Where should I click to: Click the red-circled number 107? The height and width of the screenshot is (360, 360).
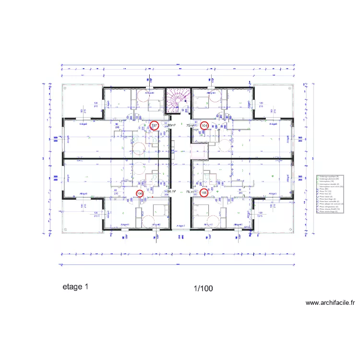pos(155,126)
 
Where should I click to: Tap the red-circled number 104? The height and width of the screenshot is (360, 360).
pos(204,126)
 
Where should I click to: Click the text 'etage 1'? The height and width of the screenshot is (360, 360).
pos(75,287)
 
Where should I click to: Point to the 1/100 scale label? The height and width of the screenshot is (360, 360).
pos(203,288)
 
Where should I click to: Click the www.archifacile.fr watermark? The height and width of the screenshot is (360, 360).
pos(330,303)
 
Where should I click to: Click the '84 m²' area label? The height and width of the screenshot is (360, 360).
pos(171,191)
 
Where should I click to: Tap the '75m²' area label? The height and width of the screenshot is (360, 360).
pos(190,126)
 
